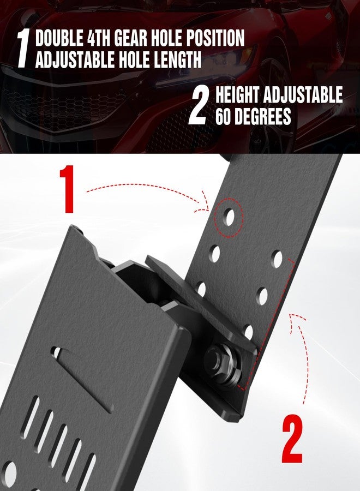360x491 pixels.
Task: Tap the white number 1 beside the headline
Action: pyautogui.click(x=23, y=49)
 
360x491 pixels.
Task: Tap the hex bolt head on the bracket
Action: pyautogui.click(x=218, y=360)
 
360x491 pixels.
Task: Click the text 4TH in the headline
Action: pyautogui.click(x=99, y=38)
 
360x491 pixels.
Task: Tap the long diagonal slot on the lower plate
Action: pyautogui.click(x=83, y=379)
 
